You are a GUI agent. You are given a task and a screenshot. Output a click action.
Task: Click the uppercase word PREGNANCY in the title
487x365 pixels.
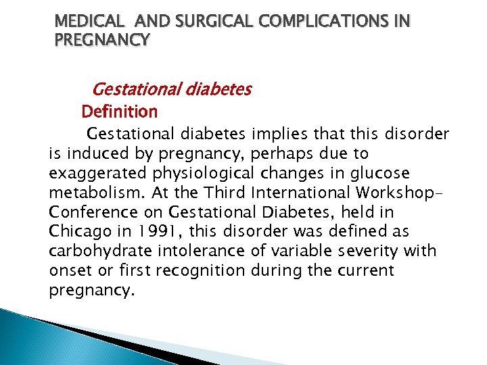[x=101, y=40]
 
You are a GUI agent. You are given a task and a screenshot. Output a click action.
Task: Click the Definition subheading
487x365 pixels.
[x=119, y=111]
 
